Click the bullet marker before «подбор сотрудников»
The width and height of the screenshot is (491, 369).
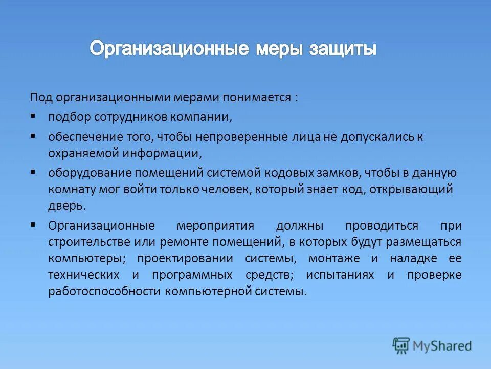coord(33,116)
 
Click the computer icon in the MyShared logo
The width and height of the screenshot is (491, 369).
coord(401,346)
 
